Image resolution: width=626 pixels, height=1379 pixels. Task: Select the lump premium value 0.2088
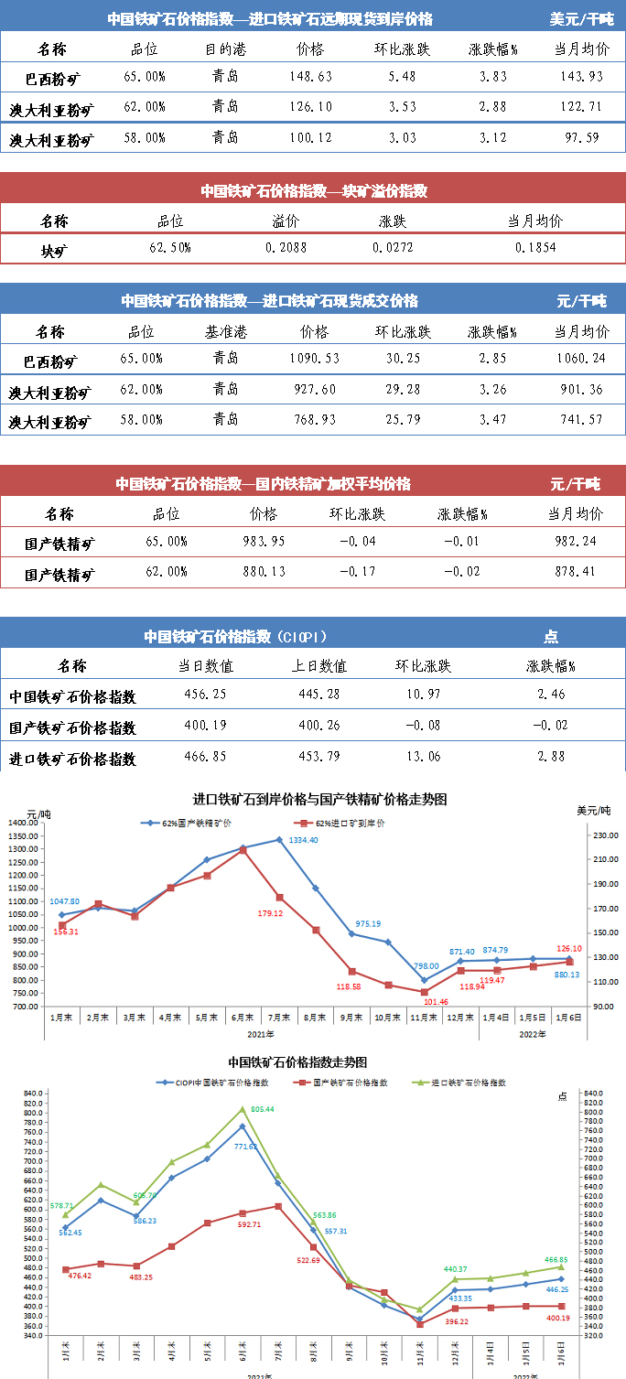[286, 248]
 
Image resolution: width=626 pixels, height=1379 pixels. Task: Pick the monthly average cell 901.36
[583, 390]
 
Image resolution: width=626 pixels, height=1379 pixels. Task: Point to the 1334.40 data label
[303, 840]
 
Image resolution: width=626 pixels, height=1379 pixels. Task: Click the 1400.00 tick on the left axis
[21, 823]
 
